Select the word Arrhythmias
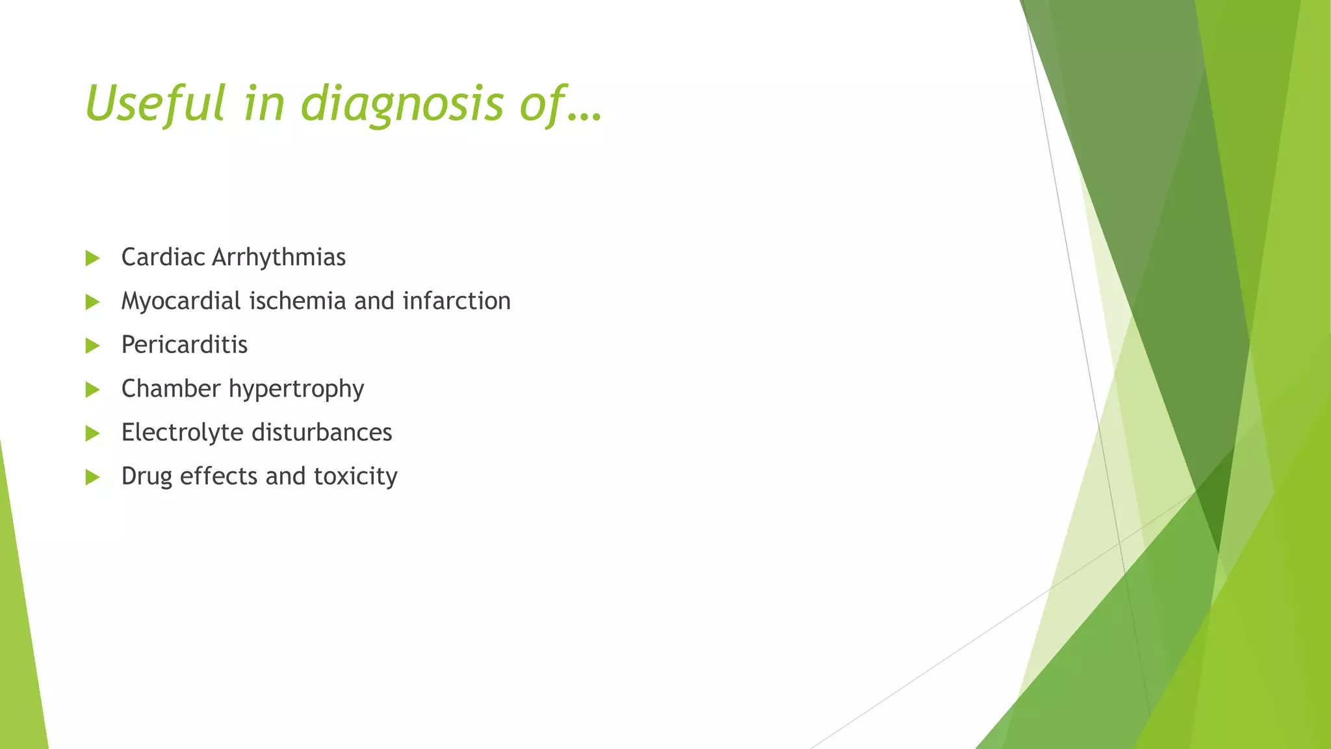coord(279,257)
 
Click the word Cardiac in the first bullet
coord(163,257)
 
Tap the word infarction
coord(456,301)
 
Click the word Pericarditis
coord(184,345)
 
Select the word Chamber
coord(171,389)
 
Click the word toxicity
coord(355,477)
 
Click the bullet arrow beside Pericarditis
coord(92,346)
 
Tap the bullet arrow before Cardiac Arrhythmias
coord(92,258)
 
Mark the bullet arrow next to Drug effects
coord(92,478)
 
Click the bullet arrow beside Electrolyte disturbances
coord(92,434)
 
